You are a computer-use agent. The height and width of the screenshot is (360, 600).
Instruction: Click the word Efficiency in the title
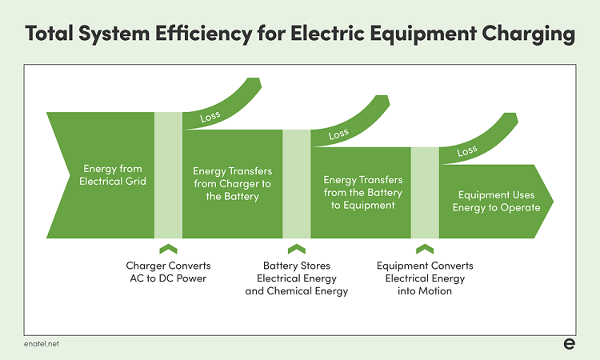[203, 34]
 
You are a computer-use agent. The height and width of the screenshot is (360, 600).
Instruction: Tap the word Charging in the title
[529, 34]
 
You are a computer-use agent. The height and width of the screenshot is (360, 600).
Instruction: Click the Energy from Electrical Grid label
[113, 175]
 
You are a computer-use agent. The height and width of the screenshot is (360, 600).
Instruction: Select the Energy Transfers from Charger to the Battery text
[232, 184]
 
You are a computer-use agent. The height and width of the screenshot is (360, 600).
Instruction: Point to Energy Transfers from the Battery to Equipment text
[362, 193]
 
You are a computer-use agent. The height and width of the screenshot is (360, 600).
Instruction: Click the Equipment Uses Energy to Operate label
[496, 202]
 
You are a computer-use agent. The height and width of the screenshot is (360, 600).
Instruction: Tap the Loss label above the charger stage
[210, 116]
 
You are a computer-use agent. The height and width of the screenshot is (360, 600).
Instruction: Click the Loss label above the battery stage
[338, 134]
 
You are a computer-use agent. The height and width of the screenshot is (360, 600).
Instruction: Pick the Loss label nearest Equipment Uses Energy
[467, 151]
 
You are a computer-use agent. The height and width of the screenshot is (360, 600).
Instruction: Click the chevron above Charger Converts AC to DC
[168, 249]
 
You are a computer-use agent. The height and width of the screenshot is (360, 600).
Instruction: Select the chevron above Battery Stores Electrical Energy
[297, 249]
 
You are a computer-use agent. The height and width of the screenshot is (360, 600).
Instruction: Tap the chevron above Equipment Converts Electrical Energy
[425, 249]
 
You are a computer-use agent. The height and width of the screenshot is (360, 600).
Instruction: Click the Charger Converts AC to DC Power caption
[168, 272]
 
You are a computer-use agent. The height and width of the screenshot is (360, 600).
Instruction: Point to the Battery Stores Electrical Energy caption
[297, 278]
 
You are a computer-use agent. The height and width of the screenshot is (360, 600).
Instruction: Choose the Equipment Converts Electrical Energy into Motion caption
[425, 278]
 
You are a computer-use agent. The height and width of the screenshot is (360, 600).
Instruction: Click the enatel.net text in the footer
[42, 344]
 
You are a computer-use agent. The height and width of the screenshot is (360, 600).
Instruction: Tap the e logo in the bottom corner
[570, 343]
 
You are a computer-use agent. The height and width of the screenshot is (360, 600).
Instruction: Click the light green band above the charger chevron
[168, 175]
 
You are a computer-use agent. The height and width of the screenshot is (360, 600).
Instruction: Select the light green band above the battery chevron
[297, 184]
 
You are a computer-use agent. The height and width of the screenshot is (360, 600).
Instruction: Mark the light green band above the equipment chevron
[425, 193]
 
